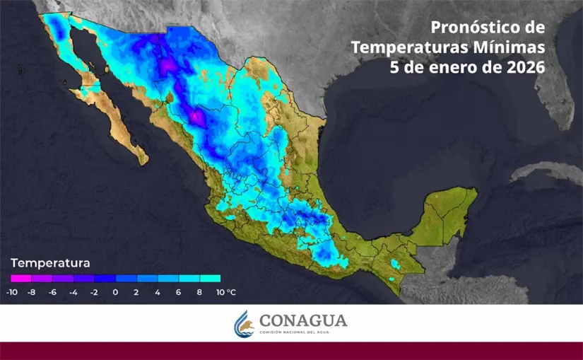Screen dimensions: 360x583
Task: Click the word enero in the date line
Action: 457,68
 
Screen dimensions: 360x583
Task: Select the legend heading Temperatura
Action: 50,263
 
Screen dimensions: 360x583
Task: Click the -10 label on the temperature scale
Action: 12,292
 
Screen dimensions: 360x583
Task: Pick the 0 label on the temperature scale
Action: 115,292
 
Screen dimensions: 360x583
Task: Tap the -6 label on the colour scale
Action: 52,292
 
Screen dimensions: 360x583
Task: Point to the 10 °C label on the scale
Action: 226,292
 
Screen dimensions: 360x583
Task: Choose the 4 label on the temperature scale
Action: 158,292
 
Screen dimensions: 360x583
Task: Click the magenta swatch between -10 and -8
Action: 21,279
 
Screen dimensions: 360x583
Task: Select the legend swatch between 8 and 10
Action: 210,279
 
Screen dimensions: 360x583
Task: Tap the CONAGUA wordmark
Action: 303,320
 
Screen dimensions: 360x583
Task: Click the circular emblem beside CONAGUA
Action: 244,323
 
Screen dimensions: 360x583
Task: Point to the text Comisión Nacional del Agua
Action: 303,332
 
